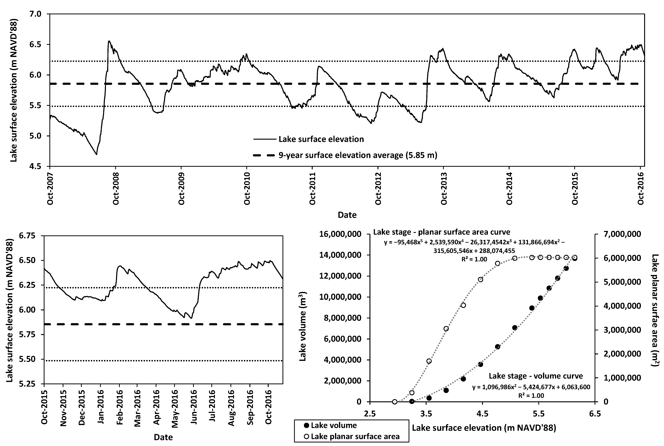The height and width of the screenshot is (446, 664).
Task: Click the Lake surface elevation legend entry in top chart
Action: (321, 139)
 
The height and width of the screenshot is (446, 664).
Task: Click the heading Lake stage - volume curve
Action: (536, 376)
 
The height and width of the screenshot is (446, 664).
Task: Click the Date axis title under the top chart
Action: (347, 215)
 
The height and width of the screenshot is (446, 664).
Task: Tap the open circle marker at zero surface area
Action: (395, 402)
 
